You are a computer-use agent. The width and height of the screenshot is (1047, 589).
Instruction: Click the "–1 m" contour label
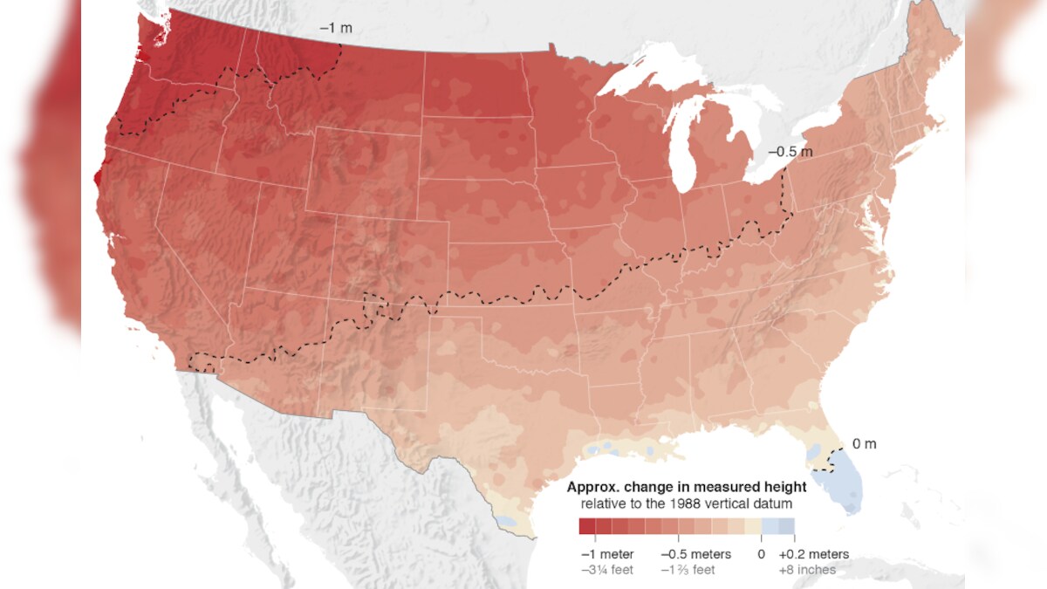point(336,28)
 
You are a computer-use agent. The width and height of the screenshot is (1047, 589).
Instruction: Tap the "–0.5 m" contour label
point(790,152)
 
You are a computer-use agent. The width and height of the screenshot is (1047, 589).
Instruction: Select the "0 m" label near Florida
point(864,444)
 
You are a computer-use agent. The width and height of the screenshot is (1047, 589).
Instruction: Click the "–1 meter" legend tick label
point(607,554)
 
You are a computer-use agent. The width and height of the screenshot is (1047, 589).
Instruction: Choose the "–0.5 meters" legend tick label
point(695,554)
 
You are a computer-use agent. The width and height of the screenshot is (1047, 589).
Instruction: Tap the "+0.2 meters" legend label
point(813,554)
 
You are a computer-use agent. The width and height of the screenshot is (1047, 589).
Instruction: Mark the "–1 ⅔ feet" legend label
point(688,570)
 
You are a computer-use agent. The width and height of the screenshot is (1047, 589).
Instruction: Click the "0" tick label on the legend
point(761,554)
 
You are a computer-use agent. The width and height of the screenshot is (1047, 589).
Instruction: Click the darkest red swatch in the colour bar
point(586,526)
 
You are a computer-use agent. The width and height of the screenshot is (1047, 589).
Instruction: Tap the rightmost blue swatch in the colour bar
point(786,526)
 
